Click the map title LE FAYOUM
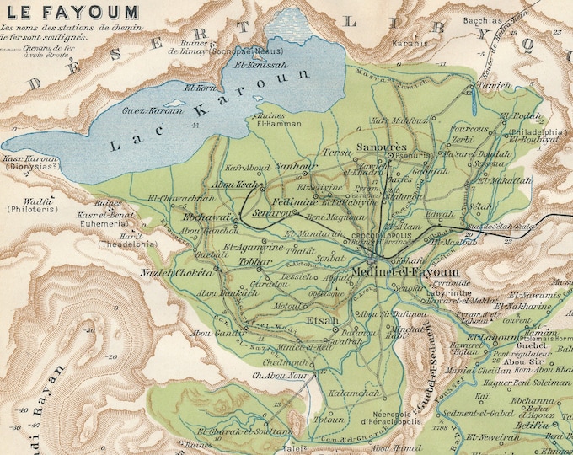(58, 12)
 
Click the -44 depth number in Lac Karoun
(196, 124)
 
